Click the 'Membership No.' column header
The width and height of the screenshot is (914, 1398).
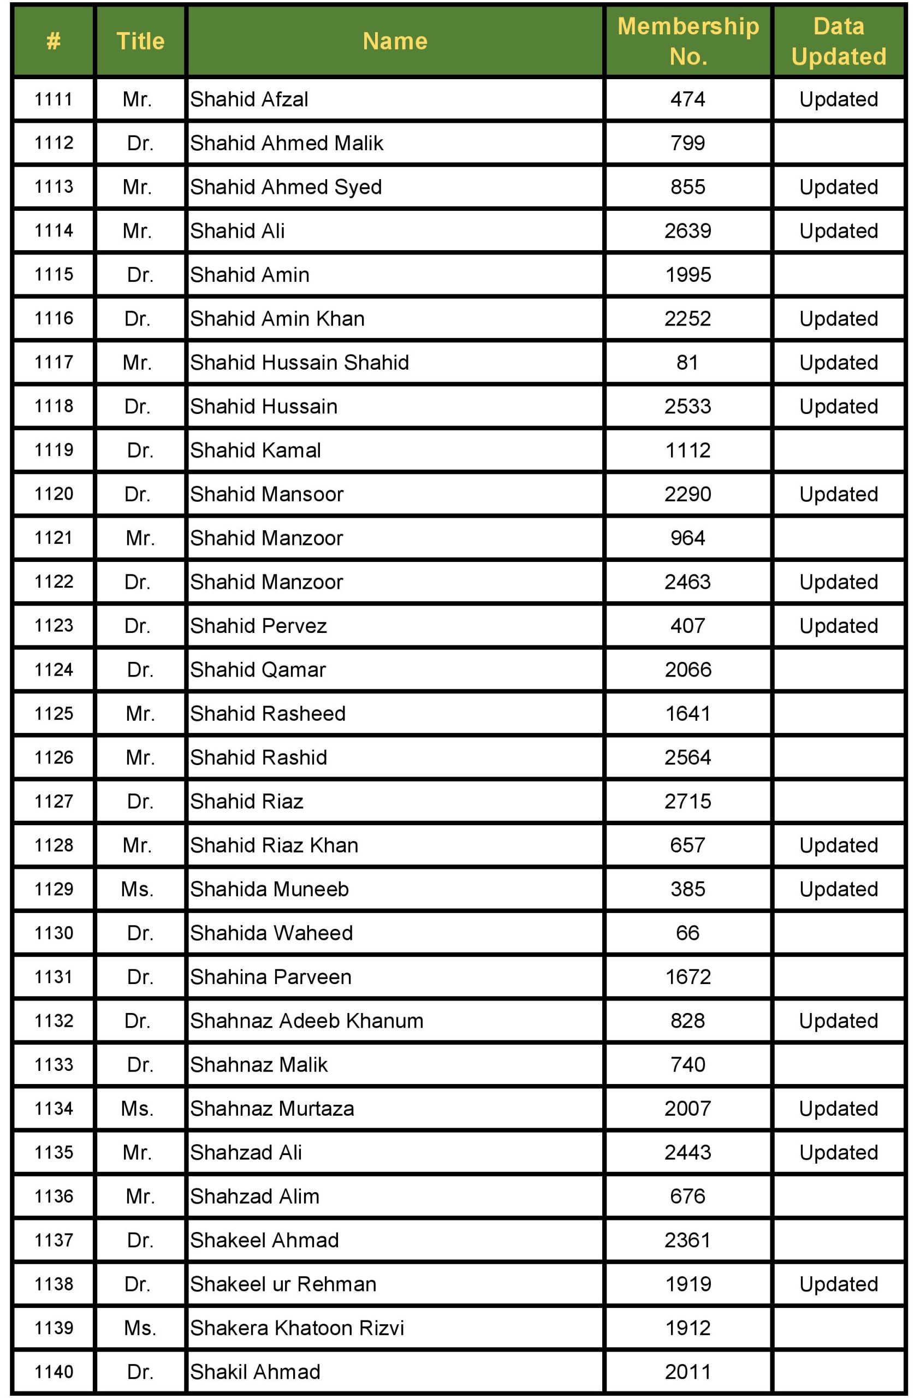[688, 41]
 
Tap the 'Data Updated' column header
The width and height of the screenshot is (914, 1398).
[838, 41]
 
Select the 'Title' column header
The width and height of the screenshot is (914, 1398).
[140, 41]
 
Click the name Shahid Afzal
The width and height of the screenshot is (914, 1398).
[249, 99]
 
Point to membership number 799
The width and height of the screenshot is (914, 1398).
[688, 143]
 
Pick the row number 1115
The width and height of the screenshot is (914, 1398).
[54, 274]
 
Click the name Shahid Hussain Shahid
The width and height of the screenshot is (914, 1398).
[300, 363]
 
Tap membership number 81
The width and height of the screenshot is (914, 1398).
[688, 363]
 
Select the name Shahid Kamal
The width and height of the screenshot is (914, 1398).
[256, 451]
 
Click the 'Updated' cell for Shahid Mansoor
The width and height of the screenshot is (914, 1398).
[838, 494]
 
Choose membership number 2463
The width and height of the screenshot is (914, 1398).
[688, 582]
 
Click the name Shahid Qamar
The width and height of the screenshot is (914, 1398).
[258, 670]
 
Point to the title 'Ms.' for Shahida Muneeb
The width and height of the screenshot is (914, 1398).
[138, 890]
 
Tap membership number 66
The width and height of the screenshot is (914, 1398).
[688, 933]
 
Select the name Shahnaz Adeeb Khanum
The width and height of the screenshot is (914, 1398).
[307, 1021]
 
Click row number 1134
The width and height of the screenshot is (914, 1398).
[54, 1109]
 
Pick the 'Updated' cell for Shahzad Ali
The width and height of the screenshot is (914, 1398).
[838, 1152]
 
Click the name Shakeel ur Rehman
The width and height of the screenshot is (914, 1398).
[283, 1284]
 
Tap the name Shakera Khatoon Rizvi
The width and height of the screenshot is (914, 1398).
[297, 1328]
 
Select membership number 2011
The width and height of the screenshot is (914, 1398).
[688, 1372]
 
